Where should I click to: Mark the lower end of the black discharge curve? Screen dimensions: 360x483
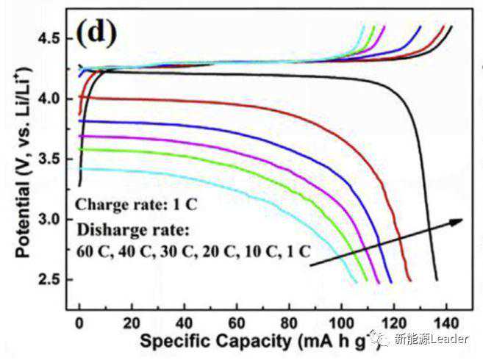click(437, 279)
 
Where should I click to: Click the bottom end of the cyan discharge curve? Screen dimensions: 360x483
click(356, 281)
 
